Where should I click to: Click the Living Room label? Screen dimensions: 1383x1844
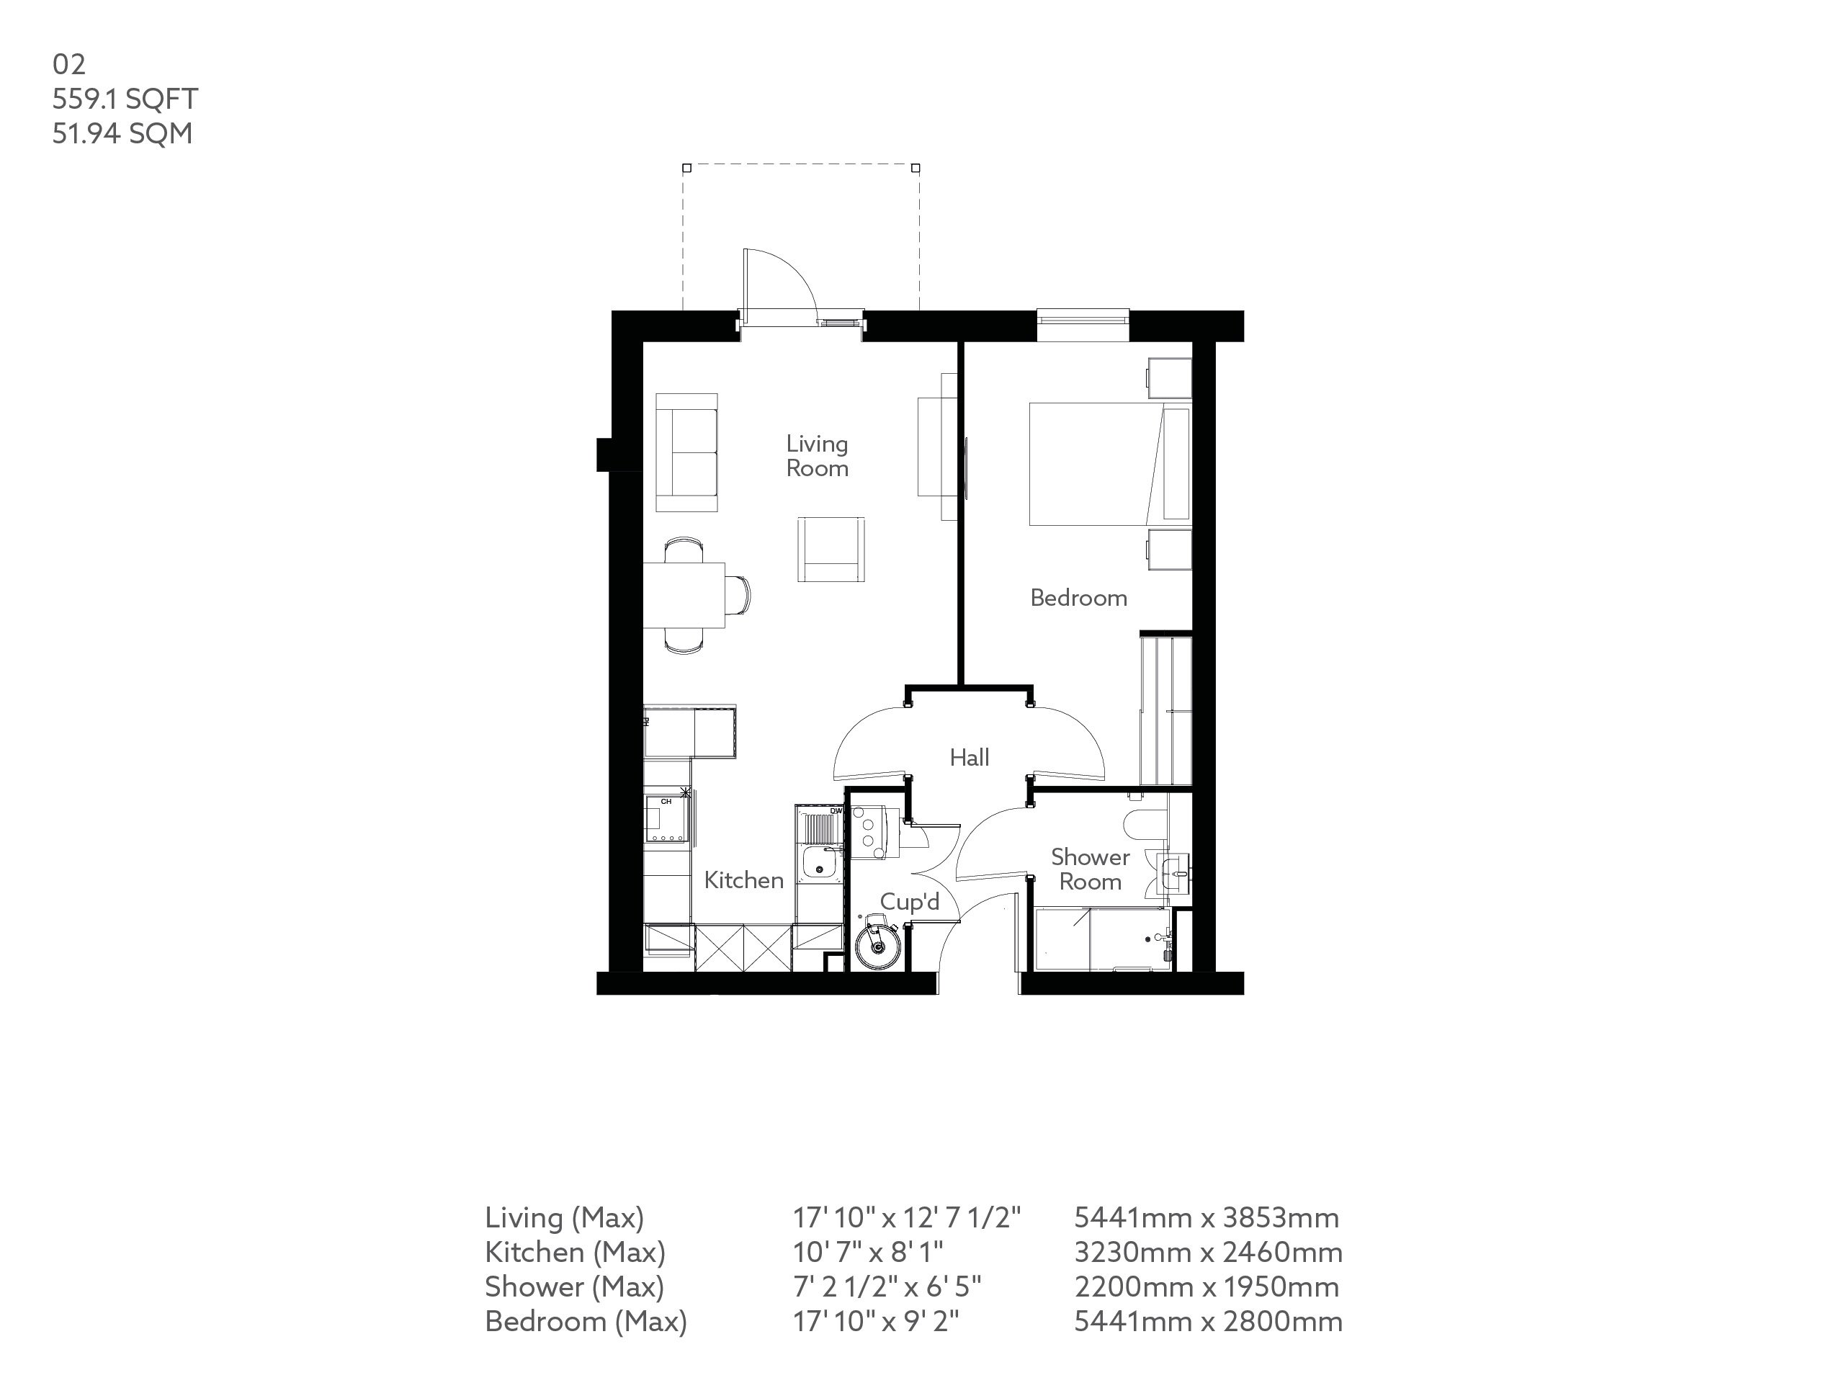coord(817,456)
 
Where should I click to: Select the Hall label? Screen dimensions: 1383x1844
coord(970,758)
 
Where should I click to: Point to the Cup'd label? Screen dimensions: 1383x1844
coord(910,902)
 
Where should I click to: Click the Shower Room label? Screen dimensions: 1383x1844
coord(1090,869)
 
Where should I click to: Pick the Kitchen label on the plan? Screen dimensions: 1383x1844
coord(743,880)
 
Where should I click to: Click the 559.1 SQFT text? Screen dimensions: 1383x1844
coord(125,99)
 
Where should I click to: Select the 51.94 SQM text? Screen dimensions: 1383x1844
coord(122,133)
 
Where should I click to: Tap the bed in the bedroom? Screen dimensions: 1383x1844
coord(1101,465)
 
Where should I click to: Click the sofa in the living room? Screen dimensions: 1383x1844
coord(686,452)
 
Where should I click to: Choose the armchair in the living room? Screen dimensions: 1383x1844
coord(831,549)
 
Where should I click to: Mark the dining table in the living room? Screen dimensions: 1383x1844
coord(684,594)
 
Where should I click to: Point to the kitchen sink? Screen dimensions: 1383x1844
coord(820,862)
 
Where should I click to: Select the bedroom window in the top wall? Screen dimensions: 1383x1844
coord(1083,318)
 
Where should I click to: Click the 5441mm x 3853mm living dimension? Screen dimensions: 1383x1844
coord(1207,1218)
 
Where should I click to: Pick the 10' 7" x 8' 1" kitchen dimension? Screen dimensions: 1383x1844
coord(868,1252)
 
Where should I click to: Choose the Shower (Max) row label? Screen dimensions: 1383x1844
coord(574,1287)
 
